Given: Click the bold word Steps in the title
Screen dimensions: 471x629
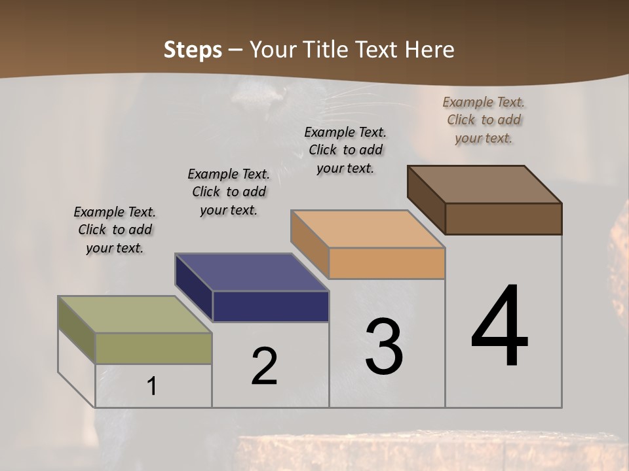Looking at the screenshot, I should (193, 50).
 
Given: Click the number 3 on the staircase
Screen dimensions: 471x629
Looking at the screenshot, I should (384, 346).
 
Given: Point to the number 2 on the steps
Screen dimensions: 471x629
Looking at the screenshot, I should (264, 366).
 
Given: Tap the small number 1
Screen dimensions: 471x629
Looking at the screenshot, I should (152, 386).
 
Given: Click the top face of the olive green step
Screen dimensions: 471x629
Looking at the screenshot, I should (135, 314).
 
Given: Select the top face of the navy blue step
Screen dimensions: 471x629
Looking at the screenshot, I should (252, 271).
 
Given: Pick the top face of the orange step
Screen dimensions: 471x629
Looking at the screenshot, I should (368, 229).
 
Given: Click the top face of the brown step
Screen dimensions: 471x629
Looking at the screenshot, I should (484, 184).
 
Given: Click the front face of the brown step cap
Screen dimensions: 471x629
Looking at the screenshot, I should (503, 218).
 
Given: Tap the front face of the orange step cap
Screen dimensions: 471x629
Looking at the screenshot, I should (387, 264).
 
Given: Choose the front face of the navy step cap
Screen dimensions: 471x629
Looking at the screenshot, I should (271, 306).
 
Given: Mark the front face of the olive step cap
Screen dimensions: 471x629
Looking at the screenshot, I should (153, 348).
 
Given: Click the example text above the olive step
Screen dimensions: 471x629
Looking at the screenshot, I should (115, 230).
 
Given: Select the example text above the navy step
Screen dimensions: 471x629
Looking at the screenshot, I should (229, 192).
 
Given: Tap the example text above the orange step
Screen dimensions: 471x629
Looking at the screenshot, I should (345, 150).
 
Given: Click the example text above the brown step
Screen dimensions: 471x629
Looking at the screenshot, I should (484, 120).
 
